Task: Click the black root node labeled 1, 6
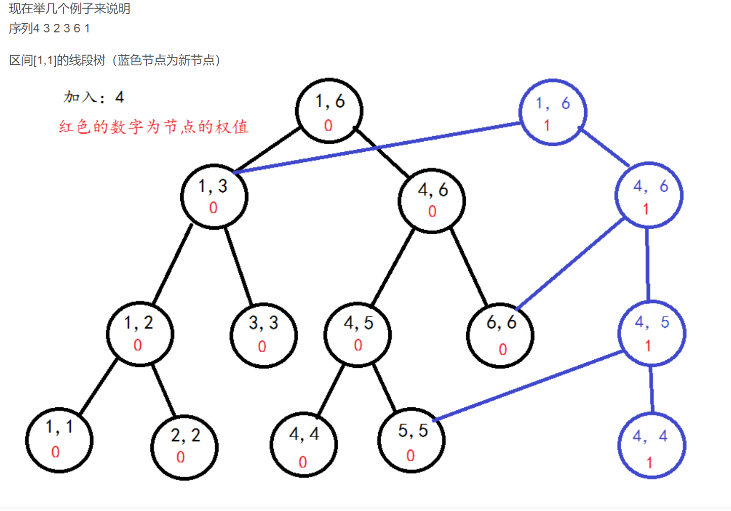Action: [329, 111]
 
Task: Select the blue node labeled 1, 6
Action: [553, 112]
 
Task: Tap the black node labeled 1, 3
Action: [214, 196]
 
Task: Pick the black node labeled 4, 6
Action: [432, 200]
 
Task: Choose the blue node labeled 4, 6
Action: [648, 195]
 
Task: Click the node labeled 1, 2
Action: [140, 333]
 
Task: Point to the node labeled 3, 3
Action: [263, 335]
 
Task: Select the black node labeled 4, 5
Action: [357, 334]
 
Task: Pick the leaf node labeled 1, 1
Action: [59, 440]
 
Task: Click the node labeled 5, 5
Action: [412, 440]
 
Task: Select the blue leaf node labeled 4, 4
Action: [652, 446]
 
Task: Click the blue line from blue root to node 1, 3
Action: [377, 147]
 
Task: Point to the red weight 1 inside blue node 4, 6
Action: [645, 209]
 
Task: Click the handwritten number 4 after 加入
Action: [119, 97]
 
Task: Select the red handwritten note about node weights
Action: [153, 126]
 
